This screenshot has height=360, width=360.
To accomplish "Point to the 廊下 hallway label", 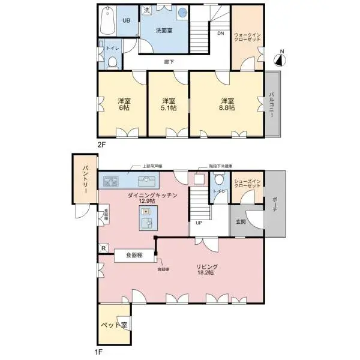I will (x=170, y=61).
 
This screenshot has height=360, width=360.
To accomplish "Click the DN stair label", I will (x=221, y=33).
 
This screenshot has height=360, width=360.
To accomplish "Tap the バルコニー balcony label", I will (x=272, y=106).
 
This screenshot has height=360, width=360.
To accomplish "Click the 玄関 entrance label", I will (x=240, y=222).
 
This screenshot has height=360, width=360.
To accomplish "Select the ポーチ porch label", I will (x=274, y=208).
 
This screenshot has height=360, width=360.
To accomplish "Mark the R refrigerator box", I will (x=104, y=248).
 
